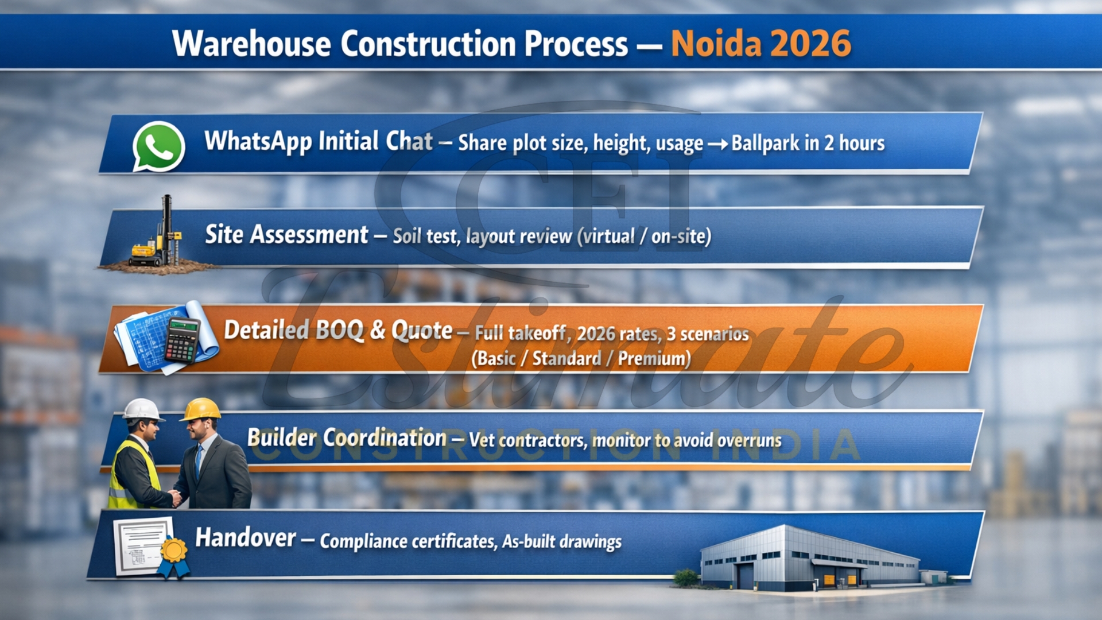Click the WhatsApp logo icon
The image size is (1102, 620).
click(158, 146)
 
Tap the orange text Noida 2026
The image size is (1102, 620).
click(760, 44)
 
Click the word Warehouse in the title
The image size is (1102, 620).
click(251, 44)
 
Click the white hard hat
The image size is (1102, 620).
click(141, 409)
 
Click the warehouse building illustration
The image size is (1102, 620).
click(809, 557)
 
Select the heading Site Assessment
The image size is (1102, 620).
click(286, 235)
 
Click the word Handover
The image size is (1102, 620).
click(246, 538)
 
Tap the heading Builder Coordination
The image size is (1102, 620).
click(347, 438)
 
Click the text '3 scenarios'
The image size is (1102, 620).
click(708, 334)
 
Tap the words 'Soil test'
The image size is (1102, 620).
click(425, 236)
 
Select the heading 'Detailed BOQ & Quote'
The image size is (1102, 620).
click(338, 330)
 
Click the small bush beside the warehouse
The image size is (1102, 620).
click(686, 578)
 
